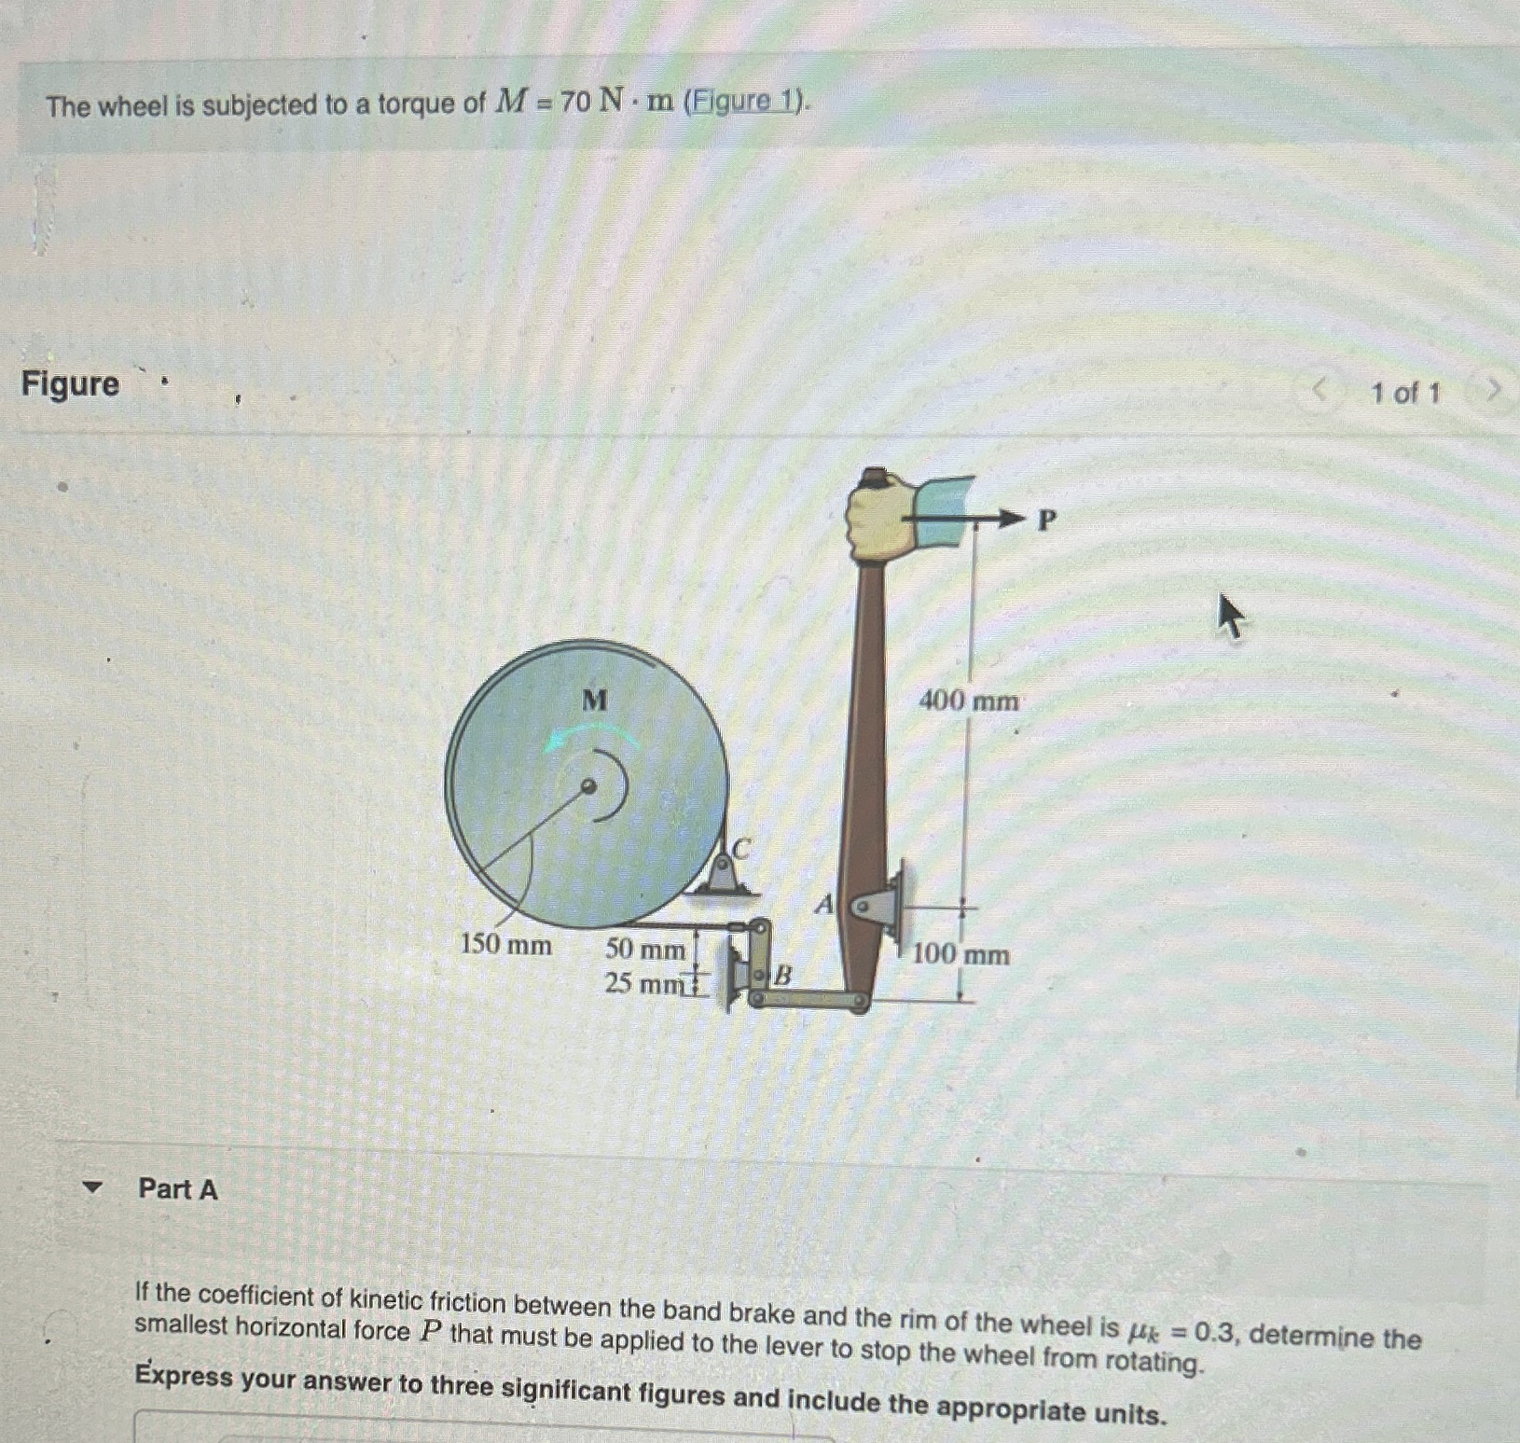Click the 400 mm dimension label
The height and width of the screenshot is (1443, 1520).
tap(968, 700)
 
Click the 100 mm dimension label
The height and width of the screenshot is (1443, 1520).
tap(960, 954)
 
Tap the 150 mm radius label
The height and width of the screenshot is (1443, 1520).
tap(505, 945)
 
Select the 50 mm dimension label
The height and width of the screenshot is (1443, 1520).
tap(644, 950)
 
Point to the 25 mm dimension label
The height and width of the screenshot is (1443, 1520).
tap(643, 983)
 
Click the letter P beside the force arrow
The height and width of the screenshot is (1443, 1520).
tap(1047, 520)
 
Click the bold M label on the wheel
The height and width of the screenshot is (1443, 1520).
tap(594, 700)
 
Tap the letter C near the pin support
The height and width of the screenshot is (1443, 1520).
tap(741, 849)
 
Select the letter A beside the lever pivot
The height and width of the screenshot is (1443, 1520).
tap(823, 904)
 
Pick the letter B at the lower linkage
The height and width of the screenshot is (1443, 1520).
tap(783, 976)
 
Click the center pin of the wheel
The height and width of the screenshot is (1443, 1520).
tap(588, 786)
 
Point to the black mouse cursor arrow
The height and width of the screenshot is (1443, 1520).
tap(1230, 616)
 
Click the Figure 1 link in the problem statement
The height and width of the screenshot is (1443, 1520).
tap(743, 101)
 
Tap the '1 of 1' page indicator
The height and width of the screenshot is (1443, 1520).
tap(1404, 393)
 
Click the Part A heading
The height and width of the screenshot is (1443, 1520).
tap(177, 1188)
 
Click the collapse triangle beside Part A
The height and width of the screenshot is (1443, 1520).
tap(91, 1187)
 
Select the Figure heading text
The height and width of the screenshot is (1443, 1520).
tap(71, 383)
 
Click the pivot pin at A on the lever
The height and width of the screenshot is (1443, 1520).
tap(864, 905)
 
